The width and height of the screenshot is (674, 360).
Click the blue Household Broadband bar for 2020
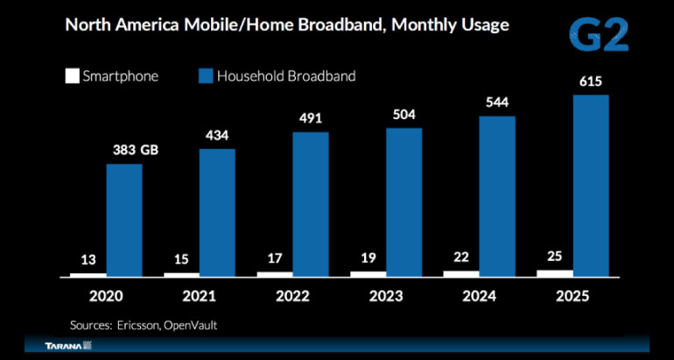[124, 220]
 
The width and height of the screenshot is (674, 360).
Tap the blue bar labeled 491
[311, 204]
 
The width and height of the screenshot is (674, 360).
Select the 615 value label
[590, 81]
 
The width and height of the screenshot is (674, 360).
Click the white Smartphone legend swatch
[72, 76]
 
